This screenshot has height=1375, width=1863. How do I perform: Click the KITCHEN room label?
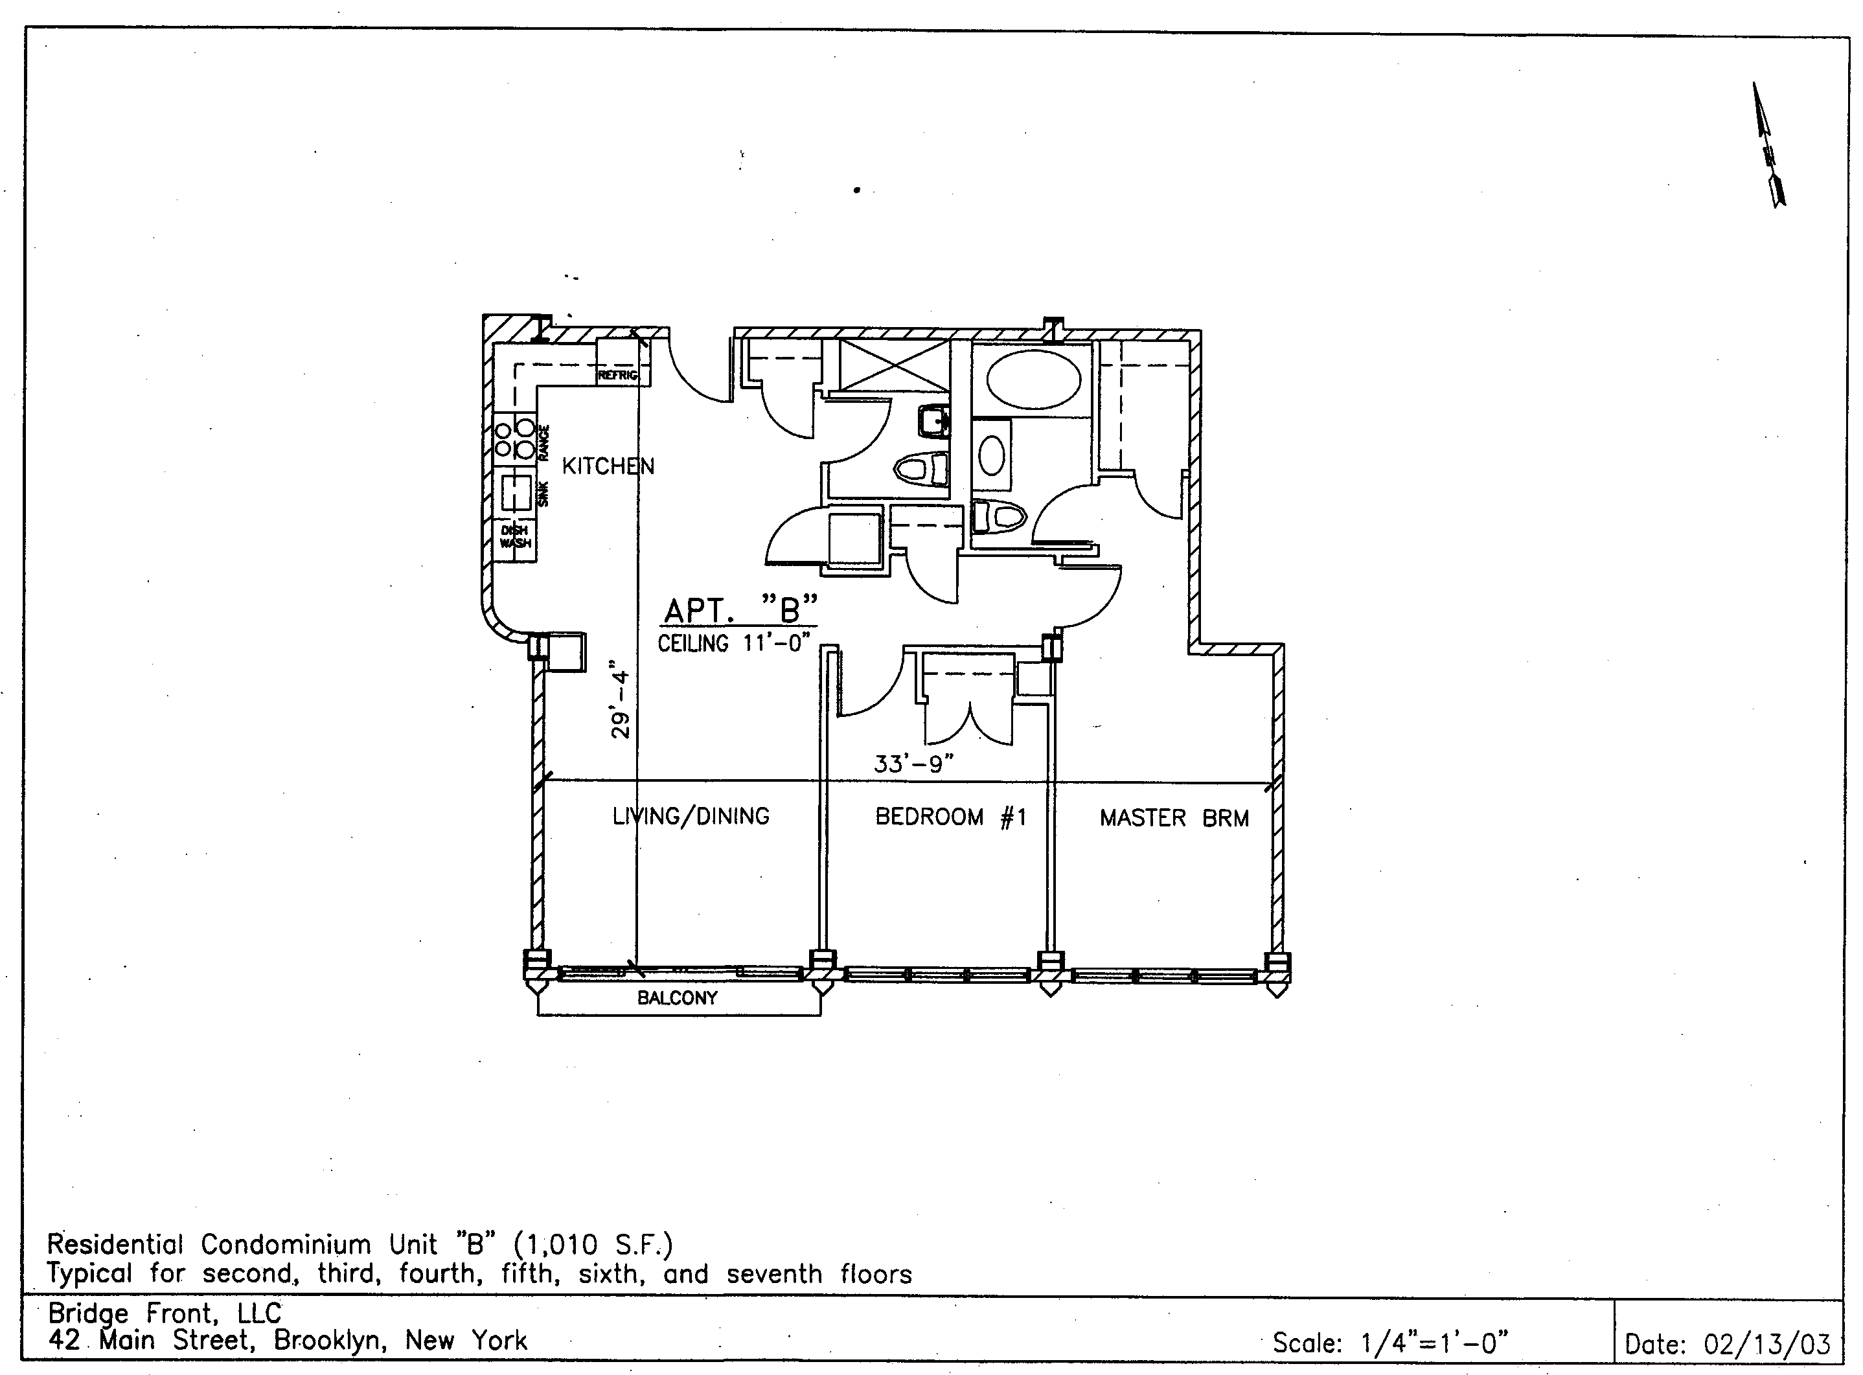608,466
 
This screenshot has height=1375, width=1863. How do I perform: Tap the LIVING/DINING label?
691,815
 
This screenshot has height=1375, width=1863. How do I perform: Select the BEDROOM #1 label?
951,817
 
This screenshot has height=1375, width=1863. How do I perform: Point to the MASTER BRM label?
1174,818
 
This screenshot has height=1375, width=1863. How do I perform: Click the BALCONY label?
678,998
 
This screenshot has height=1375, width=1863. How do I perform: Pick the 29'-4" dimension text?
620,699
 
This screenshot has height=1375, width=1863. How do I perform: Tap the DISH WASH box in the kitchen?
515,538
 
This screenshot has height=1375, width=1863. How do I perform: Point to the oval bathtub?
1034,379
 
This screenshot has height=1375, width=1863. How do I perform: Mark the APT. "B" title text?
740,610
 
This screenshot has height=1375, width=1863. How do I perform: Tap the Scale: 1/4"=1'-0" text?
1391,1343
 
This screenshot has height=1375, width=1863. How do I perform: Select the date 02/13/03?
1767,1344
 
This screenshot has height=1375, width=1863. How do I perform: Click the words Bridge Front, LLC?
165,1313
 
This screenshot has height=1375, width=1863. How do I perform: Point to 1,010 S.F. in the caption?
593,1245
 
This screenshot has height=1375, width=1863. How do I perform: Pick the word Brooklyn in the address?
327,1341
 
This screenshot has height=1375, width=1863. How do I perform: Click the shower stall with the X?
894,365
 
